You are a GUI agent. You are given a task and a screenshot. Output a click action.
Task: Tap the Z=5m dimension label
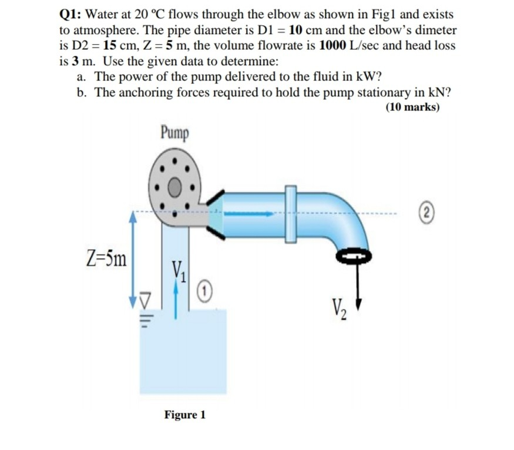click(105, 257)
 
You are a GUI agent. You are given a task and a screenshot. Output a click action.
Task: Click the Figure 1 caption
click(184, 415)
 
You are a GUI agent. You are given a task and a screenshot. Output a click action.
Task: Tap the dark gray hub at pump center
click(175, 188)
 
